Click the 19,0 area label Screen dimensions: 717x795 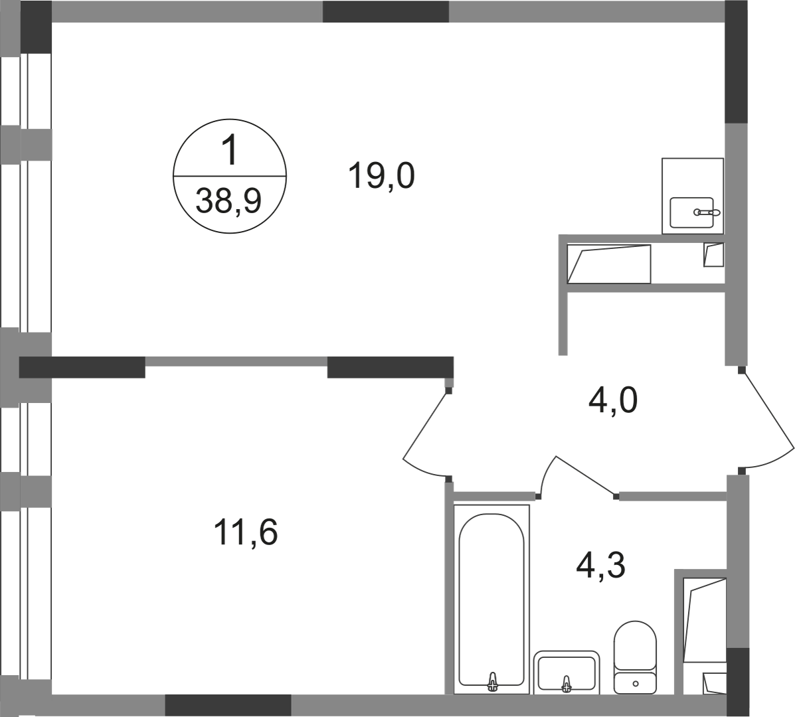[x=381, y=178]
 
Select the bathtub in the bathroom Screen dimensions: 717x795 [x=492, y=597]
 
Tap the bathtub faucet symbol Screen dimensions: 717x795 [x=493, y=682]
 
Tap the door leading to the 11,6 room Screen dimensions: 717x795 [x=425, y=432]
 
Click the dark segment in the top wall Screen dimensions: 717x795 [x=385, y=13]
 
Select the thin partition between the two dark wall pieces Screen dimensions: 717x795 [x=236, y=361]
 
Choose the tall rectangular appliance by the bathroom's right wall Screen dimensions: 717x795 [x=705, y=620]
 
